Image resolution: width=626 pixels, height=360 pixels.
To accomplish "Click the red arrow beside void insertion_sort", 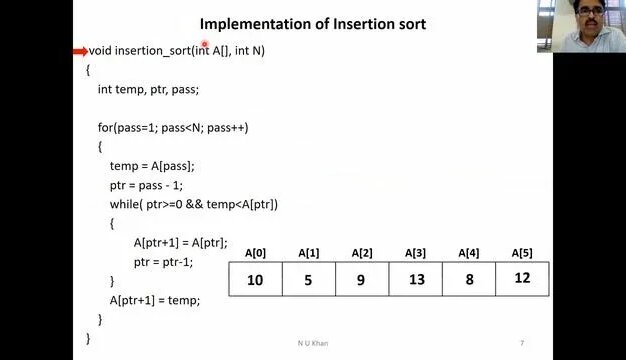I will (80, 50).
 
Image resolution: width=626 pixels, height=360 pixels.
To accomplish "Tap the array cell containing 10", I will (255, 280).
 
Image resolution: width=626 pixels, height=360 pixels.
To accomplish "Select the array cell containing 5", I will (308, 280).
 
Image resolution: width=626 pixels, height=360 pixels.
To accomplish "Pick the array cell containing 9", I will (362, 280).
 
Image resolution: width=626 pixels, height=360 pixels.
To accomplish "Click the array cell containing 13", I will (416, 280).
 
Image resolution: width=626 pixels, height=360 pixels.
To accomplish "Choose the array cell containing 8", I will (468, 280).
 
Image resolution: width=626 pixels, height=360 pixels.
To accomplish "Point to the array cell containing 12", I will (522, 278).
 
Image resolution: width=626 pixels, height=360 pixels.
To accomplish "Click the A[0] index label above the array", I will (255, 253).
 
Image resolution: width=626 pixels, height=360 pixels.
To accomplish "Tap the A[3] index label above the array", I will (416, 253).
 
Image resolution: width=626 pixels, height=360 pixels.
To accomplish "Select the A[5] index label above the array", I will (522, 253).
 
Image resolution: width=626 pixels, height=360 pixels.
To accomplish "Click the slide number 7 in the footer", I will (521, 344).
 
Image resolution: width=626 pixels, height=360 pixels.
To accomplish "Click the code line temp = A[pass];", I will (152, 166).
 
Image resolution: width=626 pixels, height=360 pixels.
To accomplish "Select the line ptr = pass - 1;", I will (146, 185).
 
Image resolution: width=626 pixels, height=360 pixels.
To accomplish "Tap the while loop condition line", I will (193, 204).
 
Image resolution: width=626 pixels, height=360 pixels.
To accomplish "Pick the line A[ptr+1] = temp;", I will (155, 300).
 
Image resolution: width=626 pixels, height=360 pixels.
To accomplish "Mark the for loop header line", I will (173, 127).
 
